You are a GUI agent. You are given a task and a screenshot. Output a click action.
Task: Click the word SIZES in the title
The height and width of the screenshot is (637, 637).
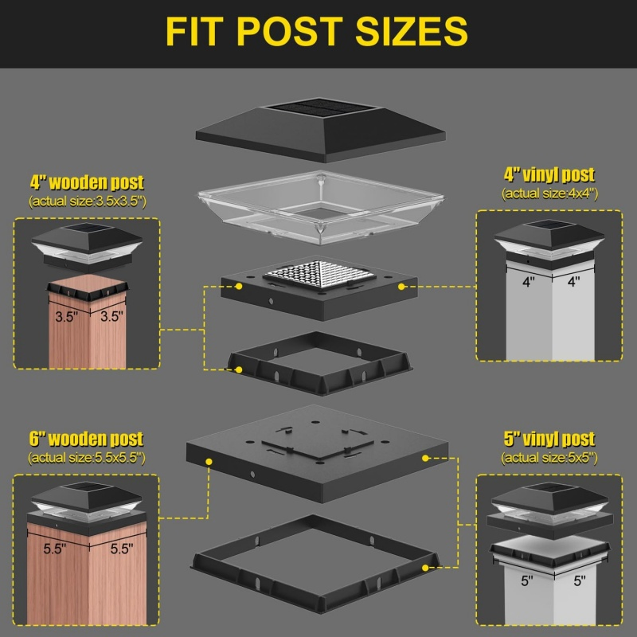(412, 31)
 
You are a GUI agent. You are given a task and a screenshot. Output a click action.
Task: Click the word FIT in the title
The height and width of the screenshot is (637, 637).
(194, 31)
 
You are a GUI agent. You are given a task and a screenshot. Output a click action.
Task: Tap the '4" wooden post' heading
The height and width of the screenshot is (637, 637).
(87, 183)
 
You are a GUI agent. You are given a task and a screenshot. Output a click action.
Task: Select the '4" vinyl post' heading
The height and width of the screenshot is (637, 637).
(549, 175)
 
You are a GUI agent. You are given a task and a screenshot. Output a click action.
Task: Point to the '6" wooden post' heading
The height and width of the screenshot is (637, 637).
(86, 439)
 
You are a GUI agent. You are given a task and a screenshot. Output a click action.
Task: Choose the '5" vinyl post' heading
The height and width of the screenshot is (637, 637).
(549, 439)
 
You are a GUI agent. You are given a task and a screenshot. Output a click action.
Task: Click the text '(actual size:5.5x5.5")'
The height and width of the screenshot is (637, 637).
(87, 458)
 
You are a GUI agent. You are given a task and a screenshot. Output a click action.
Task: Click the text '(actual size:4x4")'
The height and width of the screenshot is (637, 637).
(549, 193)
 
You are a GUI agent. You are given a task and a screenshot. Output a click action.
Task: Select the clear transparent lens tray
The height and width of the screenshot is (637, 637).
(321, 207)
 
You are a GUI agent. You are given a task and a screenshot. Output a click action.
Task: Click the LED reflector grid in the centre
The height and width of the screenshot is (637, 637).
(319, 274)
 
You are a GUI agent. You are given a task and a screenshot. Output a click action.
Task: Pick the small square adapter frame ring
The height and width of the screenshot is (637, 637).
(319, 364)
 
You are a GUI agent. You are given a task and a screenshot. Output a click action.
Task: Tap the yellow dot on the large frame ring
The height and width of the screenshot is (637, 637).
(425, 568)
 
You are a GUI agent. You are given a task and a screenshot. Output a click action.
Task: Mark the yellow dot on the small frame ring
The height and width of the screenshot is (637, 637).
(240, 369)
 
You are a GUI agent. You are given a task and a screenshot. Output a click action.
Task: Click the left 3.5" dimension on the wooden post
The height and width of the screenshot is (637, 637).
(66, 317)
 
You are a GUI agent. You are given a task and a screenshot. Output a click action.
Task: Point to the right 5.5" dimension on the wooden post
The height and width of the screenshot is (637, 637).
(122, 549)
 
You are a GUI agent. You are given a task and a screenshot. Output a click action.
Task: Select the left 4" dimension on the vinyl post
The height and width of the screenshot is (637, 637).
(528, 282)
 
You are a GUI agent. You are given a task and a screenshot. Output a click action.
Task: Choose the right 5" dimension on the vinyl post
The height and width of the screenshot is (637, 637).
(580, 581)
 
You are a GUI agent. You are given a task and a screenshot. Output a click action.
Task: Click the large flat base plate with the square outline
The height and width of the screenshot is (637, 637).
(317, 453)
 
